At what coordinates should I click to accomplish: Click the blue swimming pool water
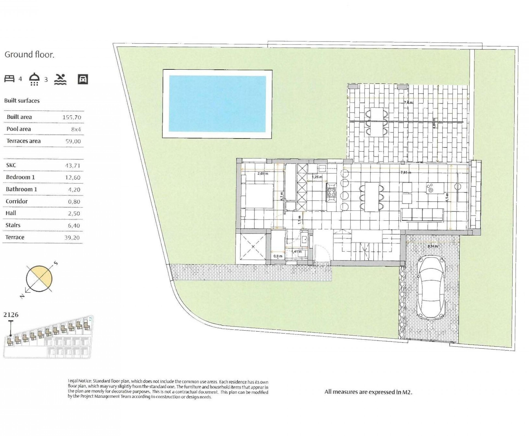click(x=217, y=104)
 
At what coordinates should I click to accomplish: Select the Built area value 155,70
click(x=72, y=117)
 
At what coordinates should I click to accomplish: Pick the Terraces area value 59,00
click(x=73, y=141)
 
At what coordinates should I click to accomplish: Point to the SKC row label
click(x=11, y=165)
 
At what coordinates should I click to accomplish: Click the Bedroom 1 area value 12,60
click(x=73, y=178)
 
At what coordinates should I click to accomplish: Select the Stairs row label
click(x=13, y=225)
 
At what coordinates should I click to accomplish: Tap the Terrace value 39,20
click(x=72, y=238)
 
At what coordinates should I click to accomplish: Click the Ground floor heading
click(x=29, y=55)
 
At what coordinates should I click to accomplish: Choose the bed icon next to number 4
click(x=10, y=79)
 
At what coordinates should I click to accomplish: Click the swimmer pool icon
click(x=60, y=79)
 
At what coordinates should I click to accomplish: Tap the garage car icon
click(x=83, y=79)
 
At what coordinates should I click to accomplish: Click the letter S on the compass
click(x=56, y=263)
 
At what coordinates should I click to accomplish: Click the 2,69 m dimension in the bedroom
click(x=263, y=173)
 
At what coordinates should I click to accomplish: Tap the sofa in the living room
click(x=422, y=215)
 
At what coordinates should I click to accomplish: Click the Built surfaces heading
click(x=22, y=101)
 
